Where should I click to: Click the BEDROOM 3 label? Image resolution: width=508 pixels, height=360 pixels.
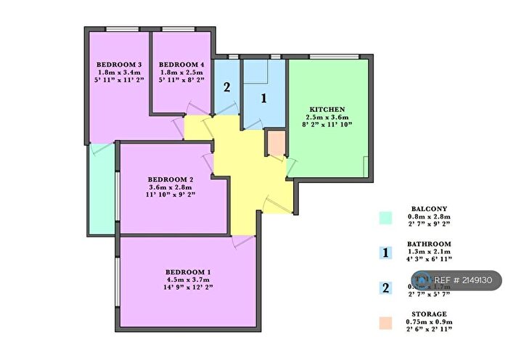pos(119,65)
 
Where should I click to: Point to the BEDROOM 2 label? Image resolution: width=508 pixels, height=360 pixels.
pos(171,179)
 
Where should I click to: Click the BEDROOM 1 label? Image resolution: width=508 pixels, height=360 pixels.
pos(187,271)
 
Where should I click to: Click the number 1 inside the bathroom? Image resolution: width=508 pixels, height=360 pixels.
pos(264,97)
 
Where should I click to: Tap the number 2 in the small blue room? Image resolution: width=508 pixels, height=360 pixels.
pos(226,89)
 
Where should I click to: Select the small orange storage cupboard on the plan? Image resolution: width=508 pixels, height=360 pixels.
pos(276,144)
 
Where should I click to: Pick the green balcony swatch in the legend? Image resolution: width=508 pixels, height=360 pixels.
pos(386,217)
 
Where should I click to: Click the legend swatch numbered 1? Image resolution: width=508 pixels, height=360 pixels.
pos(386,253)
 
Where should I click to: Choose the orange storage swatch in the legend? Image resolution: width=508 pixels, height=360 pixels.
pos(386,322)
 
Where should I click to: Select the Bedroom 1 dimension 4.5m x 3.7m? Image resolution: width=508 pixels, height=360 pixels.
pos(187,279)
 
